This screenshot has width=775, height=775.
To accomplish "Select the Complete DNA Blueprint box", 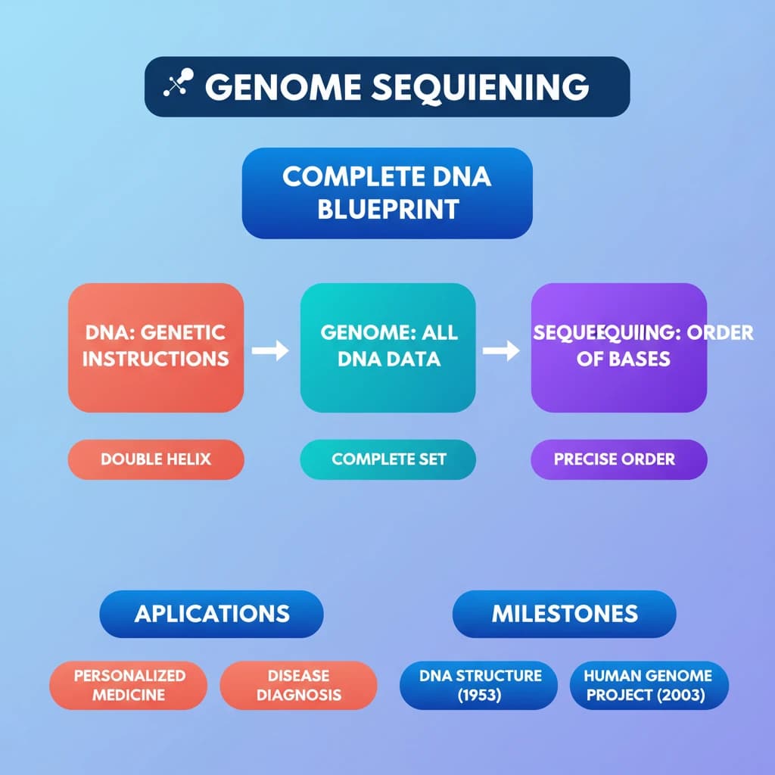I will (387, 192).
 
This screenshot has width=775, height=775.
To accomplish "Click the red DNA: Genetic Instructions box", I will (156, 347).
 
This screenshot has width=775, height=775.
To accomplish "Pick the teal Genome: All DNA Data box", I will (388, 347).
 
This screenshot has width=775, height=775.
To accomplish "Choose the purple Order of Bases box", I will (619, 347).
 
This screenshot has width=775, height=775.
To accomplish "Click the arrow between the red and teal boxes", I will (270, 350).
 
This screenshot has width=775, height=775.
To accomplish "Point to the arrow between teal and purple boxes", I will (501, 350).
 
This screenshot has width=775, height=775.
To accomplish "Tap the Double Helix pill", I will (156, 459).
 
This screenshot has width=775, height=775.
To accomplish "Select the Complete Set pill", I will (388, 459).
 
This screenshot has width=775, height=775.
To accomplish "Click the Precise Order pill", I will (619, 459).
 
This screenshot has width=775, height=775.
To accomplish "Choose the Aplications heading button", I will (212, 613).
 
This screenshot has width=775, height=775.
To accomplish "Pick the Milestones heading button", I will (564, 613).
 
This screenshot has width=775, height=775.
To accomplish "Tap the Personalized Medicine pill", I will (129, 685).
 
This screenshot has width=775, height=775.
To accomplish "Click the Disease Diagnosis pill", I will (298, 685).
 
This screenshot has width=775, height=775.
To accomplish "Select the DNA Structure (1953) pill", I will (480, 685).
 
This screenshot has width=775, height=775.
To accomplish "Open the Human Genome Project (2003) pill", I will (649, 685).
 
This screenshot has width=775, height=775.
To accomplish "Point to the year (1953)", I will (480, 696).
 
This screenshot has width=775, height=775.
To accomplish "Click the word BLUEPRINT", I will (387, 208).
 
